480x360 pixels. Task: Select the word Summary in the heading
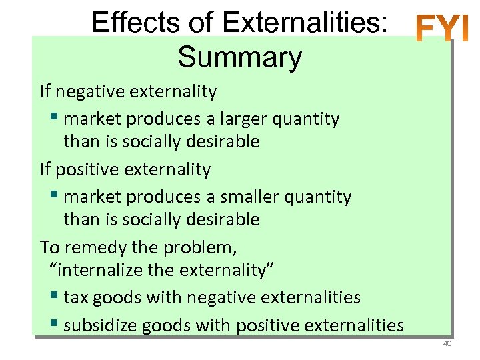pyautogui.click(x=239, y=57)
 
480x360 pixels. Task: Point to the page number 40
pyautogui.click(x=447, y=343)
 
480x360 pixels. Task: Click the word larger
pyautogui.click(x=235, y=119)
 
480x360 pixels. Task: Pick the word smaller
pyautogui.click(x=241, y=197)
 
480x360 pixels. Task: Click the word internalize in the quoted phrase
pyautogui.click(x=99, y=270)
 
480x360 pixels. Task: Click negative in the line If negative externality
pyautogui.click(x=86, y=91)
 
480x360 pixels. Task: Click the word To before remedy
pyautogui.click(x=50, y=248)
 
